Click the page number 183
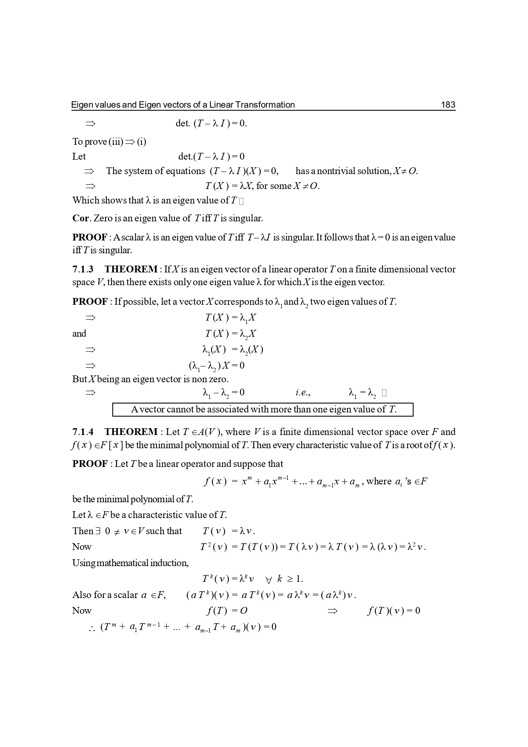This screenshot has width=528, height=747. click(448, 105)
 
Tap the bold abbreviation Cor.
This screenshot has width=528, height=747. click(80, 218)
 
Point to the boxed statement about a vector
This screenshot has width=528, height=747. click(263, 409)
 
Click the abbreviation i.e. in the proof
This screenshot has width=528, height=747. click(303, 393)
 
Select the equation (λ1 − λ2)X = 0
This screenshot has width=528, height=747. click(217, 366)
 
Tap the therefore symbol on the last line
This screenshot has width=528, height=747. click(91, 627)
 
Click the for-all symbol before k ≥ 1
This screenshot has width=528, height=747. click(268, 579)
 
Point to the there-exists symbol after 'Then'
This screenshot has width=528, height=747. click(98, 531)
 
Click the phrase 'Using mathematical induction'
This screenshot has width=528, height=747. click(130, 563)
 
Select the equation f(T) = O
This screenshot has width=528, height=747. click(226, 611)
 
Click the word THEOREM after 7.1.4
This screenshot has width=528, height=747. click(131, 432)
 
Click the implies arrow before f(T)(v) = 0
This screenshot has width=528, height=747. click(332, 611)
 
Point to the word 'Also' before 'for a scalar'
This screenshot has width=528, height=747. click(82, 595)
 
